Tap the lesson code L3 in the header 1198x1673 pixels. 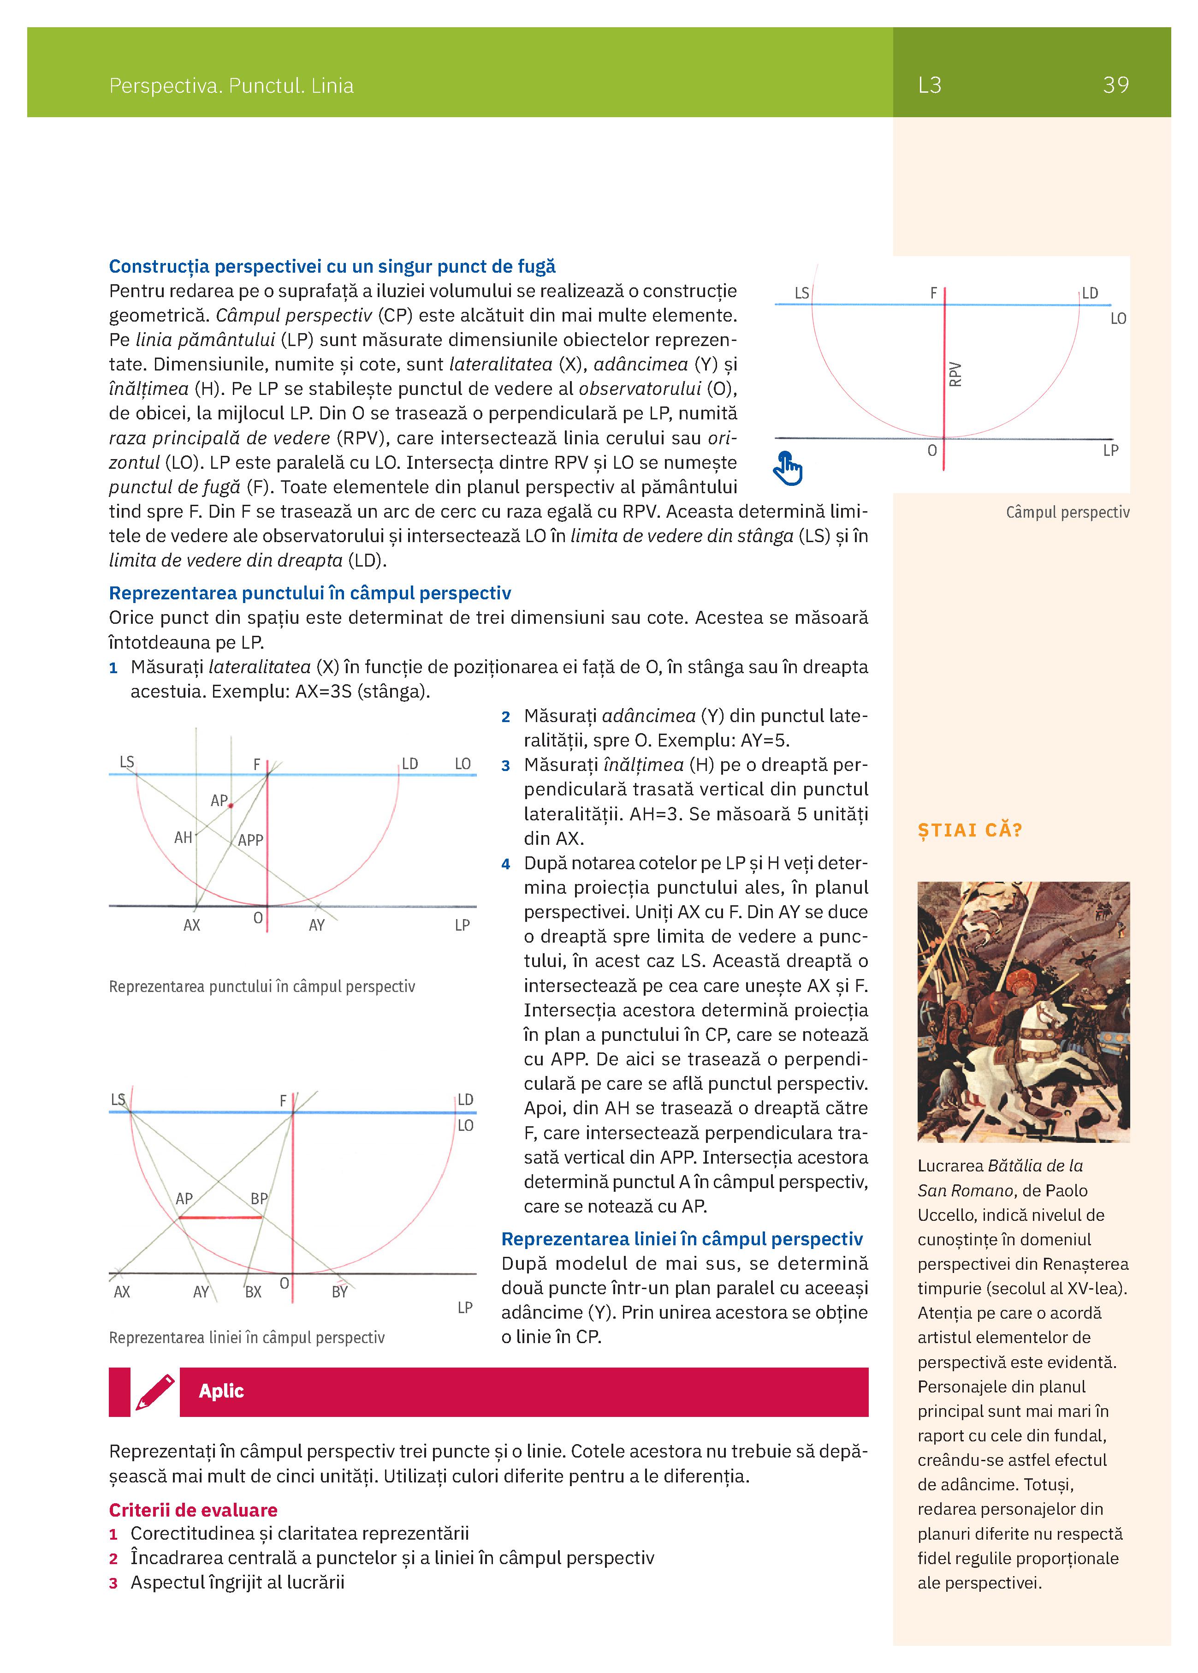click(930, 85)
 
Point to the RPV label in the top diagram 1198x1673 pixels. click(955, 374)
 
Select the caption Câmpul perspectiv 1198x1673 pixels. click(1067, 513)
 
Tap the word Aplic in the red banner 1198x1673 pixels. click(221, 1391)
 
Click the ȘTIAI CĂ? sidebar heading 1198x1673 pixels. click(969, 831)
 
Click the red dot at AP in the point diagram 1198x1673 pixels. click(231, 806)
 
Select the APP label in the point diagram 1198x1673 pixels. click(251, 840)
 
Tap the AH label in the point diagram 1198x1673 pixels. click(183, 838)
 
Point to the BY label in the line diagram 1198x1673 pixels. click(339, 1292)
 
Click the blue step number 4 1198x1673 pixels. click(506, 864)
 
